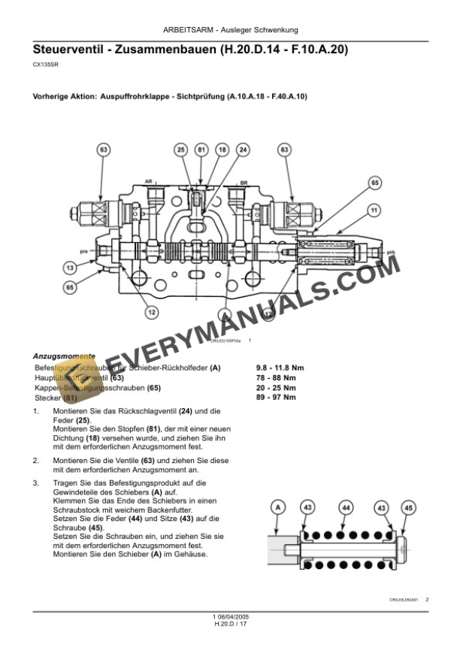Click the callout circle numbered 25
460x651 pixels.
[x=181, y=150]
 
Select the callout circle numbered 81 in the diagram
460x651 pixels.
[x=201, y=150]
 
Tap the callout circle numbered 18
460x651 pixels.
[x=222, y=150]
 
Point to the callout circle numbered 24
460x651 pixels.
[x=243, y=150]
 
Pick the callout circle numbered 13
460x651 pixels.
[x=69, y=268]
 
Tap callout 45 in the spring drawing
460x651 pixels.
[x=407, y=509]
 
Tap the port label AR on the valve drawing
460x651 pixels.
[x=148, y=182]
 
